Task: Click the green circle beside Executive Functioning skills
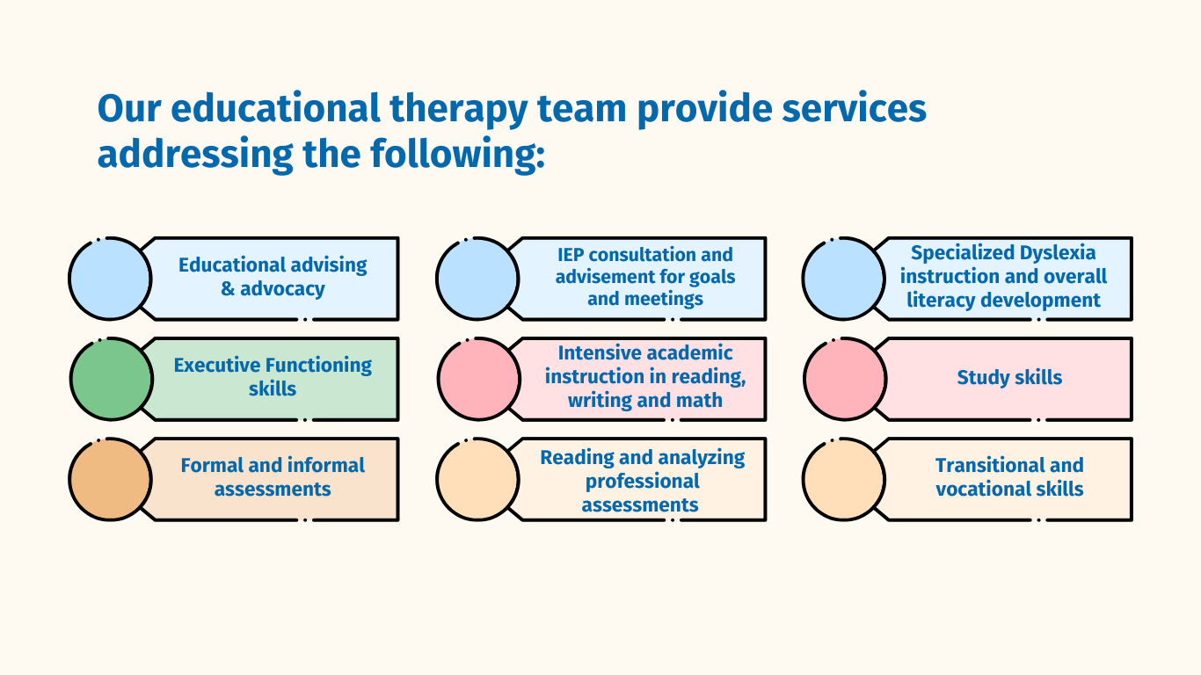tap(111, 379)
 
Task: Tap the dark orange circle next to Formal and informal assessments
tap(111, 479)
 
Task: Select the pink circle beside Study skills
tap(845, 379)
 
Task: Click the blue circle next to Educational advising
tap(111, 279)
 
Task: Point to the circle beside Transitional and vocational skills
tap(845, 479)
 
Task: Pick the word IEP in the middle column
tap(571, 255)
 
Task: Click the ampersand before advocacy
tap(228, 289)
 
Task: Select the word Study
tap(981, 378)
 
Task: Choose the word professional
tap(643, 482)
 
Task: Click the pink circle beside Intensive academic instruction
tap(478, 379)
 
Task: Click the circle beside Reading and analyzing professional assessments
tap(478, 479)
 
